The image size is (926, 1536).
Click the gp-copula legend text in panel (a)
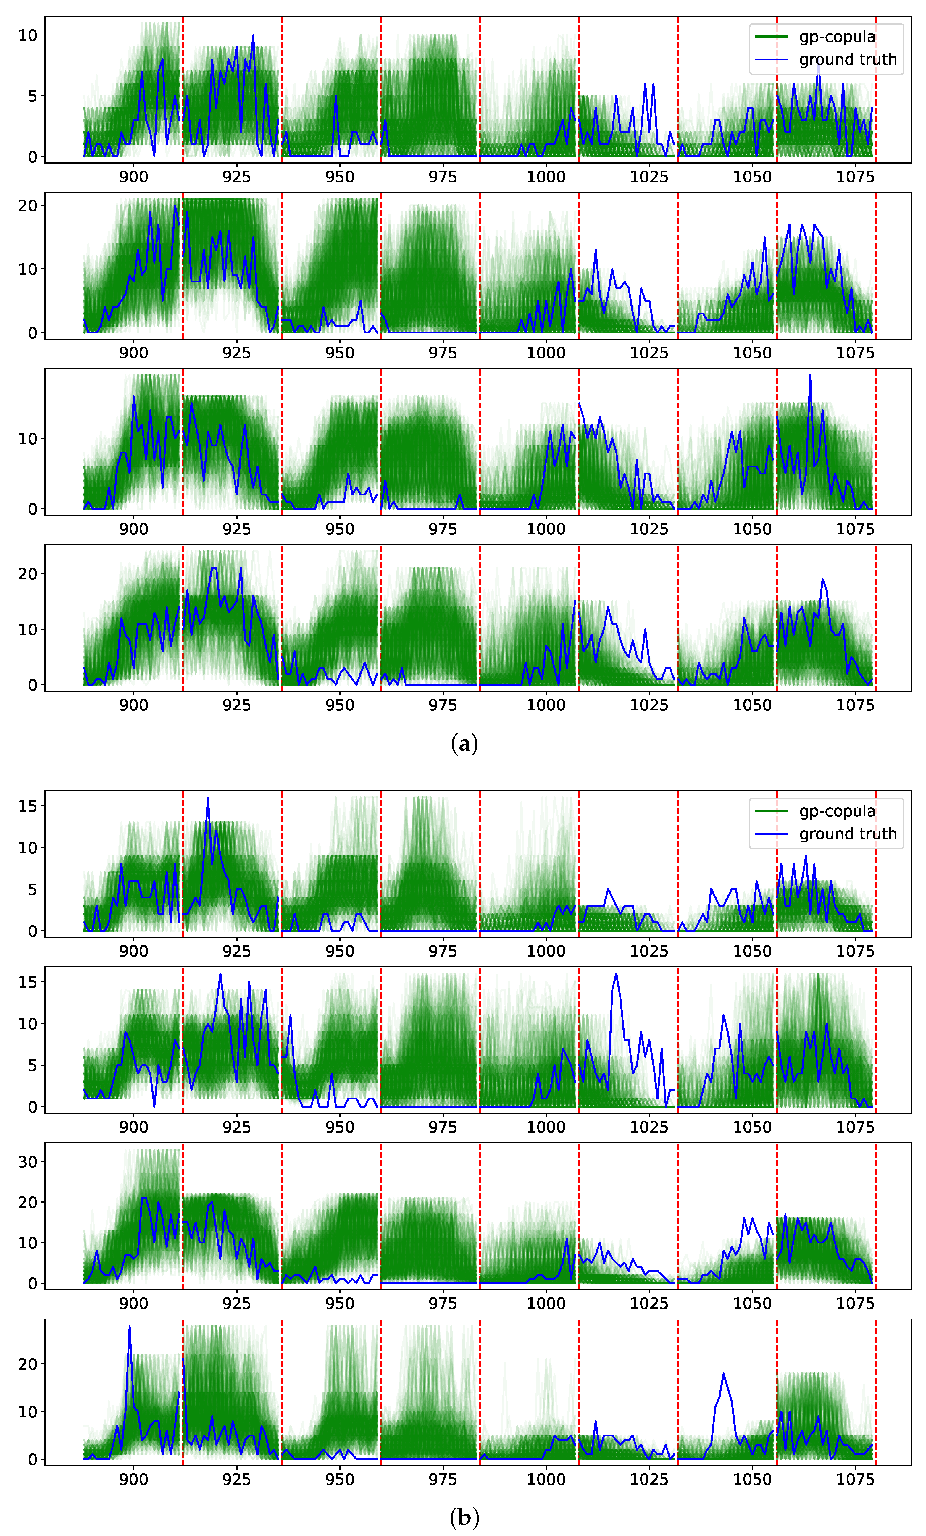point(837,37)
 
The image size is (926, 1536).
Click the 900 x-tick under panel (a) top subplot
point(133,177)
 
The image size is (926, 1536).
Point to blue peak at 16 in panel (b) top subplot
point(208,797)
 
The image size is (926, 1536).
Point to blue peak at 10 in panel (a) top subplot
point(253,35)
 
